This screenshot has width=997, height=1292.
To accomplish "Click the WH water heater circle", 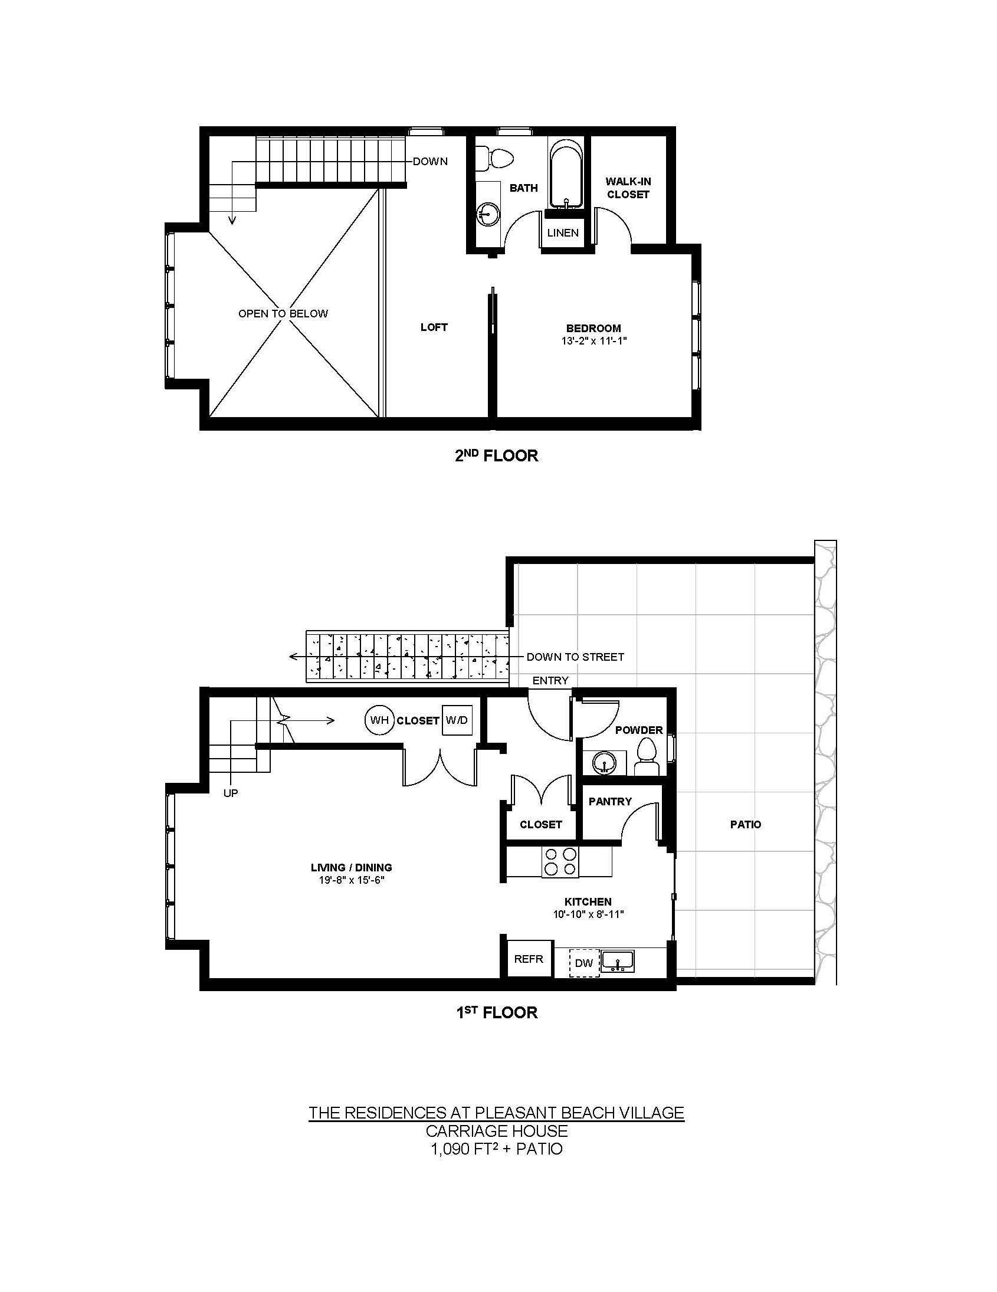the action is point(379,720).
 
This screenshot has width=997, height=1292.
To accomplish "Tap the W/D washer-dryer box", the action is point(457,720).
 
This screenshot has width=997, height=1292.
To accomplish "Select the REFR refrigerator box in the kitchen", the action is point(529,959).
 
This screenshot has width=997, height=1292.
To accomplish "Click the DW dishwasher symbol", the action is point(585,963).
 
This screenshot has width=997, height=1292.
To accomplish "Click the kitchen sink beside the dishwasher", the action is point(617,961).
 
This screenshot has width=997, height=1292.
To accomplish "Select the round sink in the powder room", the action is point(604,763).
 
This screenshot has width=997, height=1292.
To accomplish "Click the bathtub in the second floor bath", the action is point(566,173).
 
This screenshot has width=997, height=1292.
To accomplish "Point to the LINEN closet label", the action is point(563,232).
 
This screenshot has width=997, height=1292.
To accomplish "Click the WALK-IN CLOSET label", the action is point(628,188).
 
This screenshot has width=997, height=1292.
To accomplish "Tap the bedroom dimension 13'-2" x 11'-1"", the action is point(593,342).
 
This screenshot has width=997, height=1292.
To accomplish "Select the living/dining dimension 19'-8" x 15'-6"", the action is point(352,880).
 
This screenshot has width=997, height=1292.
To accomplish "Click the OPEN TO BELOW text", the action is point(283,313).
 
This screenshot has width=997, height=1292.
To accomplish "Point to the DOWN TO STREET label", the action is point(575,657).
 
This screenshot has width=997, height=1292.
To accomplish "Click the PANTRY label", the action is point(610,802).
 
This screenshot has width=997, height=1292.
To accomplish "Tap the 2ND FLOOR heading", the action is point(496,455).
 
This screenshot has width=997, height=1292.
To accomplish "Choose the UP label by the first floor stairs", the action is point(231,793).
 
